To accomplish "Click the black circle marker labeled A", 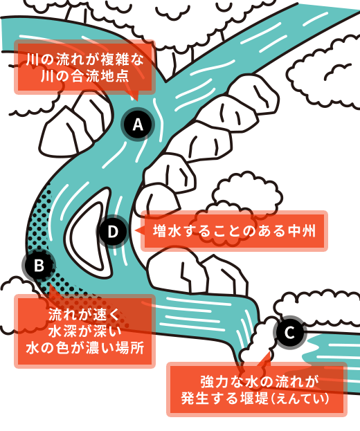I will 137,125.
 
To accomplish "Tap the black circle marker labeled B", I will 39,264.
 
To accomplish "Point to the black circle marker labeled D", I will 113,231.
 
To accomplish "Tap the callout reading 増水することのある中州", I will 234,231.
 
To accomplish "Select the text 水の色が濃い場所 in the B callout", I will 85,348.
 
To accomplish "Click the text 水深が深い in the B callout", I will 85,331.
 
